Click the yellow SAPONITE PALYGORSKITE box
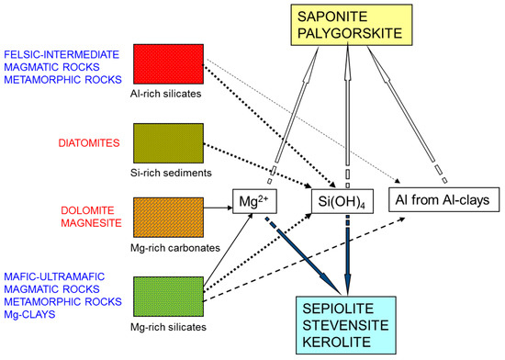[x=344, y=26]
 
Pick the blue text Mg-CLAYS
[x=28, y=315]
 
